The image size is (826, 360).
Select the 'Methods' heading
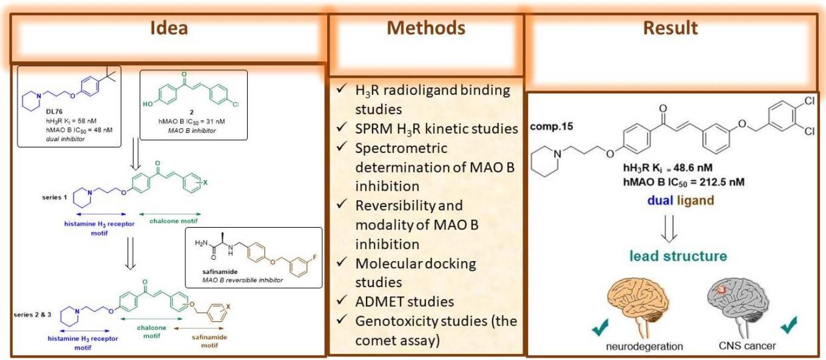[426, 28]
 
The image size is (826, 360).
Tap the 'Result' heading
[671, 28]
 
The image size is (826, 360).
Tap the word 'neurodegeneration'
[644, 347]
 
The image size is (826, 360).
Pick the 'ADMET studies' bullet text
[404, 301]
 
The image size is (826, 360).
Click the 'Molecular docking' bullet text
[415, 263]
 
